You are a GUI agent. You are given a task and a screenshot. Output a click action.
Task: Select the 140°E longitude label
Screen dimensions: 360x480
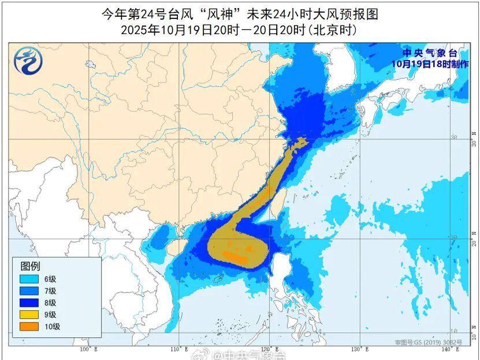coord(445,349)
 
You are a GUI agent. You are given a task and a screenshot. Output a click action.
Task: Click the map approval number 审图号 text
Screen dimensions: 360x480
coord(429,343)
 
